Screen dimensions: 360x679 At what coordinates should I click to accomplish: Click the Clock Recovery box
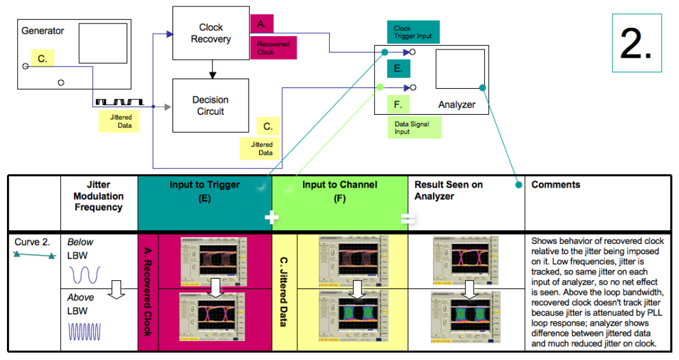[210, 34]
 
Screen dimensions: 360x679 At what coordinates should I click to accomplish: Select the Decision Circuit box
[210, 106]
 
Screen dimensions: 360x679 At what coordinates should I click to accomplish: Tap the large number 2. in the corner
[636, 43]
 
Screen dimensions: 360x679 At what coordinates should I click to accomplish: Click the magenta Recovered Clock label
[273, 48]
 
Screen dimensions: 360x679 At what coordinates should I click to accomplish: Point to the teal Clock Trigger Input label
[412, 32]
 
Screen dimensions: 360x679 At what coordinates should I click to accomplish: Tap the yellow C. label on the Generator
[42, 59]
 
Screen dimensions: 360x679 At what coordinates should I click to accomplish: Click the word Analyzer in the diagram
[456, 105]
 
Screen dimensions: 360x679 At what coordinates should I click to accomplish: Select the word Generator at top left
[42, 30]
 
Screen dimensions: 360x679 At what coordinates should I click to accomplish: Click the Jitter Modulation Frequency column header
[99, 196]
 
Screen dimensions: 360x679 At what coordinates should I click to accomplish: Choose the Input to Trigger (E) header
[204, 191]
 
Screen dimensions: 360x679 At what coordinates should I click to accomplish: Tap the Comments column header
[555, 185]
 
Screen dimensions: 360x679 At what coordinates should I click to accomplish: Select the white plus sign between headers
[271, 217]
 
